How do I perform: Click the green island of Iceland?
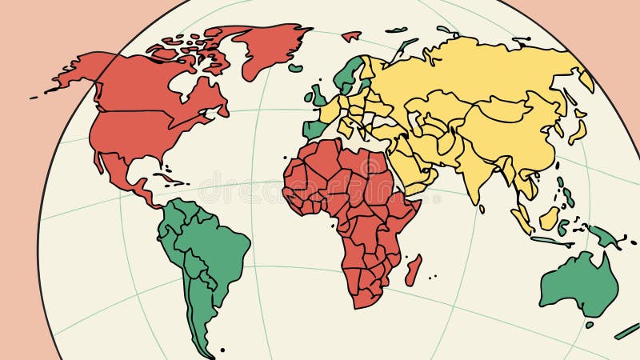[x=296, y=69]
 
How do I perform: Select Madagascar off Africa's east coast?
[x=413, y=270]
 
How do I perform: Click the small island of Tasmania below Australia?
[x=590, y=325]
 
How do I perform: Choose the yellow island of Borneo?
[x=549, y=218]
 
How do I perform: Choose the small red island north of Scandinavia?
[x=350, y=36]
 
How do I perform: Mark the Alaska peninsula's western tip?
[x=36, y=97]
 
